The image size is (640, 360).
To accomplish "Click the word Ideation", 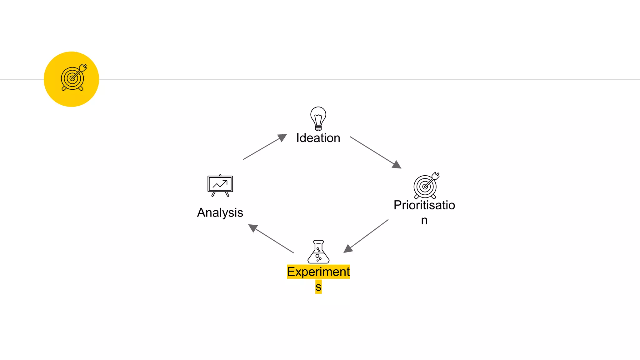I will pos(318,138).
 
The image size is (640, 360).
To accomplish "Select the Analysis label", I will pos(220,212).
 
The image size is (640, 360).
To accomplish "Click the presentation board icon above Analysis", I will pos(220,185).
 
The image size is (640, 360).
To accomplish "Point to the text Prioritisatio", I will pos(424,205).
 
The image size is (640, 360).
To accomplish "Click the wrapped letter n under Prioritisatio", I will pos(424,220).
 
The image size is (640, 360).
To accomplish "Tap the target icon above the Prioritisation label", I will pos(426,186).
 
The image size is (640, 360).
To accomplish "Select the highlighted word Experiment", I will pos(318,272).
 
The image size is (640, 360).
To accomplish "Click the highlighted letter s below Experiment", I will pos(318,287).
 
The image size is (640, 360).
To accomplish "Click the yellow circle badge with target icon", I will pos(71,79).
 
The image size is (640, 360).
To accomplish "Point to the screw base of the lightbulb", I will pos(318,128).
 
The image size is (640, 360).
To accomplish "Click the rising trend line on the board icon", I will pos(220,184).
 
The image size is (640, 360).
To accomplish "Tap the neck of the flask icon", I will pos(318,246).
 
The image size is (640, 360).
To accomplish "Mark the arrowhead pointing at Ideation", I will pos(282,137).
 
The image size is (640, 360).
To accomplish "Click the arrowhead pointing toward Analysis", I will pos(252,227).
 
